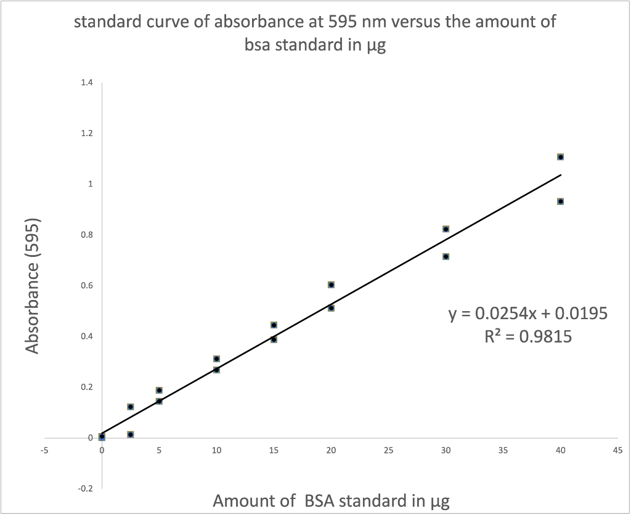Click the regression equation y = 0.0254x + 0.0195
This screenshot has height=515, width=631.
(528, 314)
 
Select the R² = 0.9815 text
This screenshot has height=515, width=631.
(529, 336)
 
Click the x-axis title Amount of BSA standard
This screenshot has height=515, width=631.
(331, 500)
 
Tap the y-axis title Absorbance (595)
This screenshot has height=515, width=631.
(33, 286)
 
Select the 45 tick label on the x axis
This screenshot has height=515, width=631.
(617, 450)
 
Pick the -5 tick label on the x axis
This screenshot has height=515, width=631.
(44, 450)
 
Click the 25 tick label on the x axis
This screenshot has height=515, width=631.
(388, 450)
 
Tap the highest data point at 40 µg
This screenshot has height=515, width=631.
(560, 157)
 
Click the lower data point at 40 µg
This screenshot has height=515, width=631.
(560, 201)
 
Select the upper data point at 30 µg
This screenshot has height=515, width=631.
(446, 229)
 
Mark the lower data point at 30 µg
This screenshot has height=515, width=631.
(446, 256)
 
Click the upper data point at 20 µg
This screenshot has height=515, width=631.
(331, 285)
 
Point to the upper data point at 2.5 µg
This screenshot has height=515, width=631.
(130, 407)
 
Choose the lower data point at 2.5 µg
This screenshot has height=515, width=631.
(130, 434)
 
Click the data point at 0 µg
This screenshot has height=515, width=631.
(102, 437)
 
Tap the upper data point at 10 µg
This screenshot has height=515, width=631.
(216, 359)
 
